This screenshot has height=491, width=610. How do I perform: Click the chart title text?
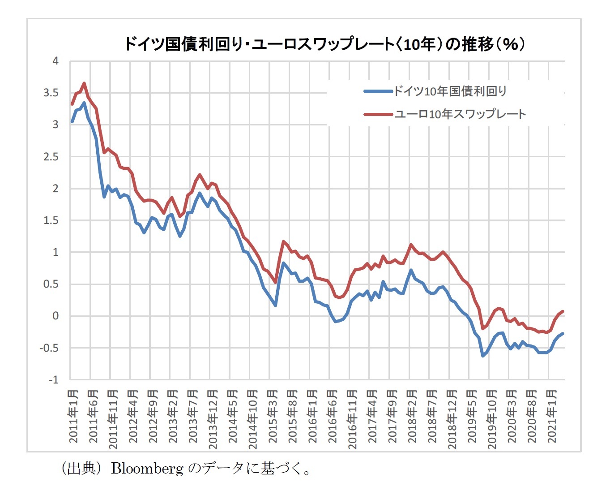tap(324, 44)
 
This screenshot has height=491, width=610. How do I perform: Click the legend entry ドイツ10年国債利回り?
tap(450, 91)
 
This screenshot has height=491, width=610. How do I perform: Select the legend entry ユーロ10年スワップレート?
tap(460, 114)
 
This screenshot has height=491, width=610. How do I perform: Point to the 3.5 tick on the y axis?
tap(51, 93)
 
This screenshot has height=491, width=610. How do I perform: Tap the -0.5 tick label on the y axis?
tap(49, 348)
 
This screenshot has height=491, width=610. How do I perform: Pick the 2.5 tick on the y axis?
tap(51, 157)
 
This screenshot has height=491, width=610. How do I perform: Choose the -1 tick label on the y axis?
tap(53, 380)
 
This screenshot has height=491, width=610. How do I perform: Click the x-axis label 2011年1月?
tap(73, 416)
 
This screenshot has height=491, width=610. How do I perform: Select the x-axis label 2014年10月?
tap(253, 419)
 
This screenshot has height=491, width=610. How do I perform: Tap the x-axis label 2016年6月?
tap(333, 416)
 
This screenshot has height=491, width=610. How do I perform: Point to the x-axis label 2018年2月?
tap(412, 416)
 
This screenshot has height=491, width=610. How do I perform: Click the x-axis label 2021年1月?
tap(552, 416)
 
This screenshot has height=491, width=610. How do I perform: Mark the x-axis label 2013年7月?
tap(193, 416)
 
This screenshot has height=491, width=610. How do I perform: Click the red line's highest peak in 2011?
tap(84, 83)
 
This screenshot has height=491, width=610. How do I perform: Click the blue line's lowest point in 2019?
tap(482, 356)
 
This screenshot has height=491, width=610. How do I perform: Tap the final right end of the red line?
tap(563, 311)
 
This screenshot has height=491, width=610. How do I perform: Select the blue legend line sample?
tap(378, 91)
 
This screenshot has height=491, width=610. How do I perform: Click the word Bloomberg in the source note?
tap(147, 469)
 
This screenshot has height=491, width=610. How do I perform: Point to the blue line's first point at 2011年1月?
tap(72, 121)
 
